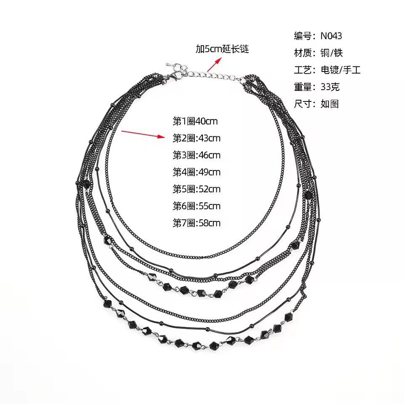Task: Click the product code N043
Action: (x=331, y=36)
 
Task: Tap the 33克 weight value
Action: (x=330, y=87)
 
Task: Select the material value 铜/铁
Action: (x=332, y=53)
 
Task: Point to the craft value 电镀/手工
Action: (x=340, y=70)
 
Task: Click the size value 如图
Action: (x=330, y=104)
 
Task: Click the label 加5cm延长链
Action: (x=222, y=49)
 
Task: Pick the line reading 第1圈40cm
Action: (x=195, y=121)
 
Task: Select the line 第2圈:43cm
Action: (x=197, y=138)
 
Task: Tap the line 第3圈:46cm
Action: (x=197, y=155)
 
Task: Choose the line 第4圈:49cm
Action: (x=197, y=172)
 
